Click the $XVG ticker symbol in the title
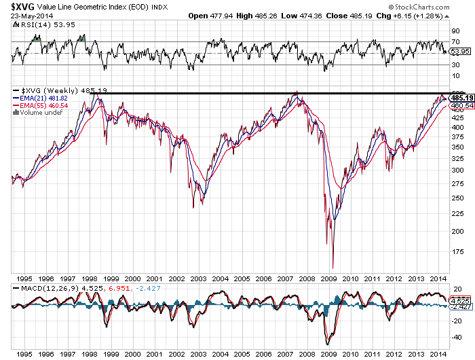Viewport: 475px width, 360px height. (x=22, y=6)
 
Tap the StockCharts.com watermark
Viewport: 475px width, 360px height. (x=419, y=7)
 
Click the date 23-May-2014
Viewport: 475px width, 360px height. (x=32, y=16)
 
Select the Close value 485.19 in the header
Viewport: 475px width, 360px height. (x=361, y=16)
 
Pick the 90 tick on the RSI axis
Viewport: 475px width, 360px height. (x=455, y=31)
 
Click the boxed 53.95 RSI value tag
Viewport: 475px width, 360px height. (x=460, y=51)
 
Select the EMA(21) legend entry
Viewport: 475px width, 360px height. (x=40, y=98)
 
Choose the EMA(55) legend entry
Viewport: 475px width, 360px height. (x=40, y=105)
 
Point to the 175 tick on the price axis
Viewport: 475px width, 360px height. (x=457, y=251)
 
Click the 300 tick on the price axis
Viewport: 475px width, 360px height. (x=457, y=170)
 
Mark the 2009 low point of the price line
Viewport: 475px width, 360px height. (x=332, y=268)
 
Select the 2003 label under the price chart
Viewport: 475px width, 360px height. (x=198, y=278)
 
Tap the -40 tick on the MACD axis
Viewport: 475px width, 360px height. (x=456, y=338)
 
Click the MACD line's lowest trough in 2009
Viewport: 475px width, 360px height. (x=328, y=344)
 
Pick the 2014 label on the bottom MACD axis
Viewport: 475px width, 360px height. (x=438, y=355)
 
